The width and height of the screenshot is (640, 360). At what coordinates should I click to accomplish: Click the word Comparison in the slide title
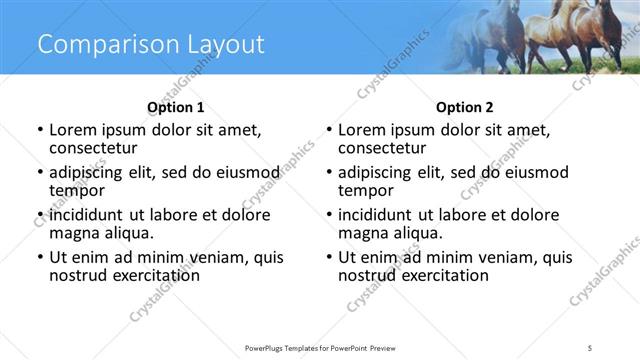pyautogui.click(x=99, y=45)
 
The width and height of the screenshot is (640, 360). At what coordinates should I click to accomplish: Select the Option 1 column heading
pyautogui.click(x=175, y=107)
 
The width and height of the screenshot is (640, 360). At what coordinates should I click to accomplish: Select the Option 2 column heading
pyautogui.click(x=465, y=107)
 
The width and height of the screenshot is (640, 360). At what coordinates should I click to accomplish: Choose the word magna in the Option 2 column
pyautogui.click(x=363, y=233)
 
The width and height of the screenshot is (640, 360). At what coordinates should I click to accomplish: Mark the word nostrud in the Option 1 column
pyautogui.click(x=80, y=275)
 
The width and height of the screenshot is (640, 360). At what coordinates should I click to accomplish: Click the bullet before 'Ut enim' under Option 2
pyautogui.click(x=329, y=258)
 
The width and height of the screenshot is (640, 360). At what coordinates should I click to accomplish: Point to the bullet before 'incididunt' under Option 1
pyautogui.click(x=40, y=215)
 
